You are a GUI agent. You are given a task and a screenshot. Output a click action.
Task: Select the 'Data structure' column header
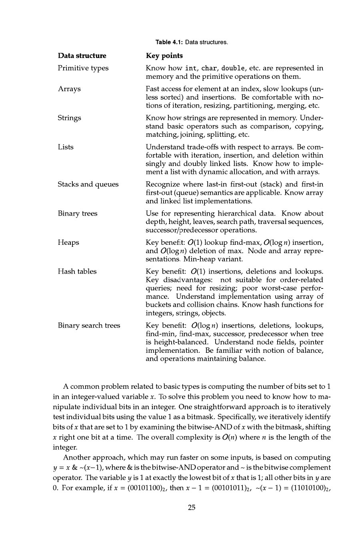(x=82, y=56)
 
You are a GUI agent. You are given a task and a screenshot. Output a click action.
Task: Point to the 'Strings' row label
(x=69, y=118)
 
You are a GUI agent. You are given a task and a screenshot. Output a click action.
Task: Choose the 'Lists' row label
(x=66, y=147)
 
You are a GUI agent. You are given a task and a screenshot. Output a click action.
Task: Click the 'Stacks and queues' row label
(x=88, y=184)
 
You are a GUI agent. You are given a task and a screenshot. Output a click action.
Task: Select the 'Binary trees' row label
(x=78, y=214)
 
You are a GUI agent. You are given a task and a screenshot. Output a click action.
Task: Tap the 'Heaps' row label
(x=68, y=242)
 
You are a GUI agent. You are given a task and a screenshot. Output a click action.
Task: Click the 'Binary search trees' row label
(x=89, y=326)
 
